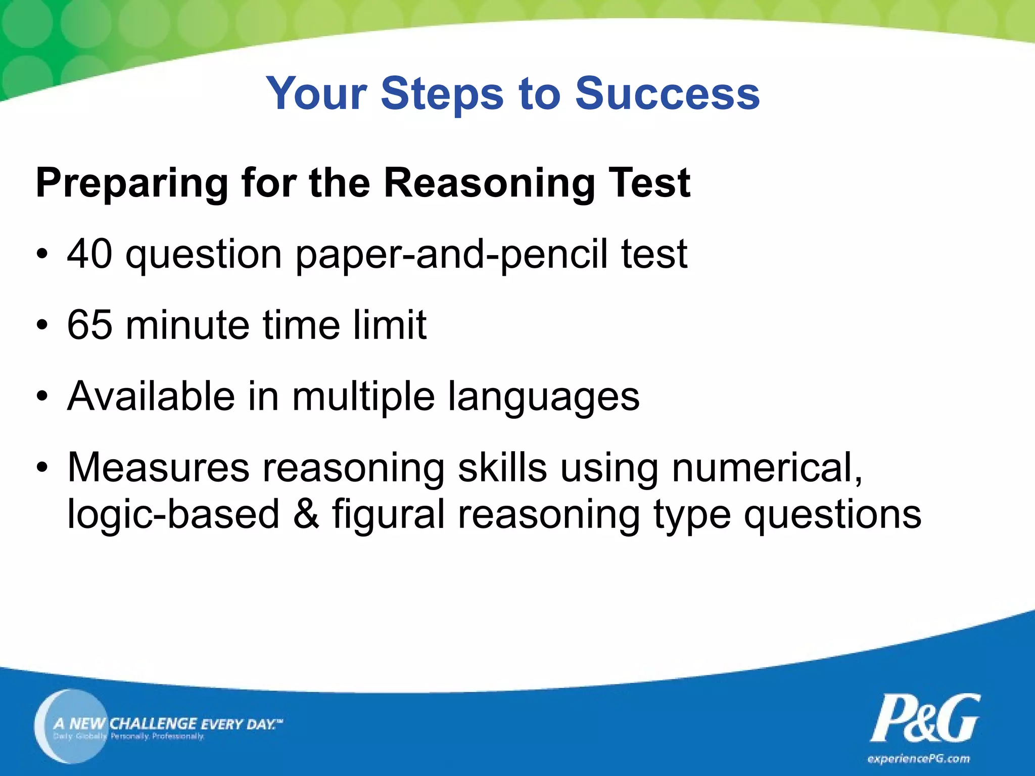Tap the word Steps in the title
442,93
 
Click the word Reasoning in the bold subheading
489,183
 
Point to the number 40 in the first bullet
90,254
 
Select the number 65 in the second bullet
89,325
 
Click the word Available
151,396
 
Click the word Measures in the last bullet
158,467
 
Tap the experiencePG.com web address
918,758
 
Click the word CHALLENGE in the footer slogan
153,723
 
